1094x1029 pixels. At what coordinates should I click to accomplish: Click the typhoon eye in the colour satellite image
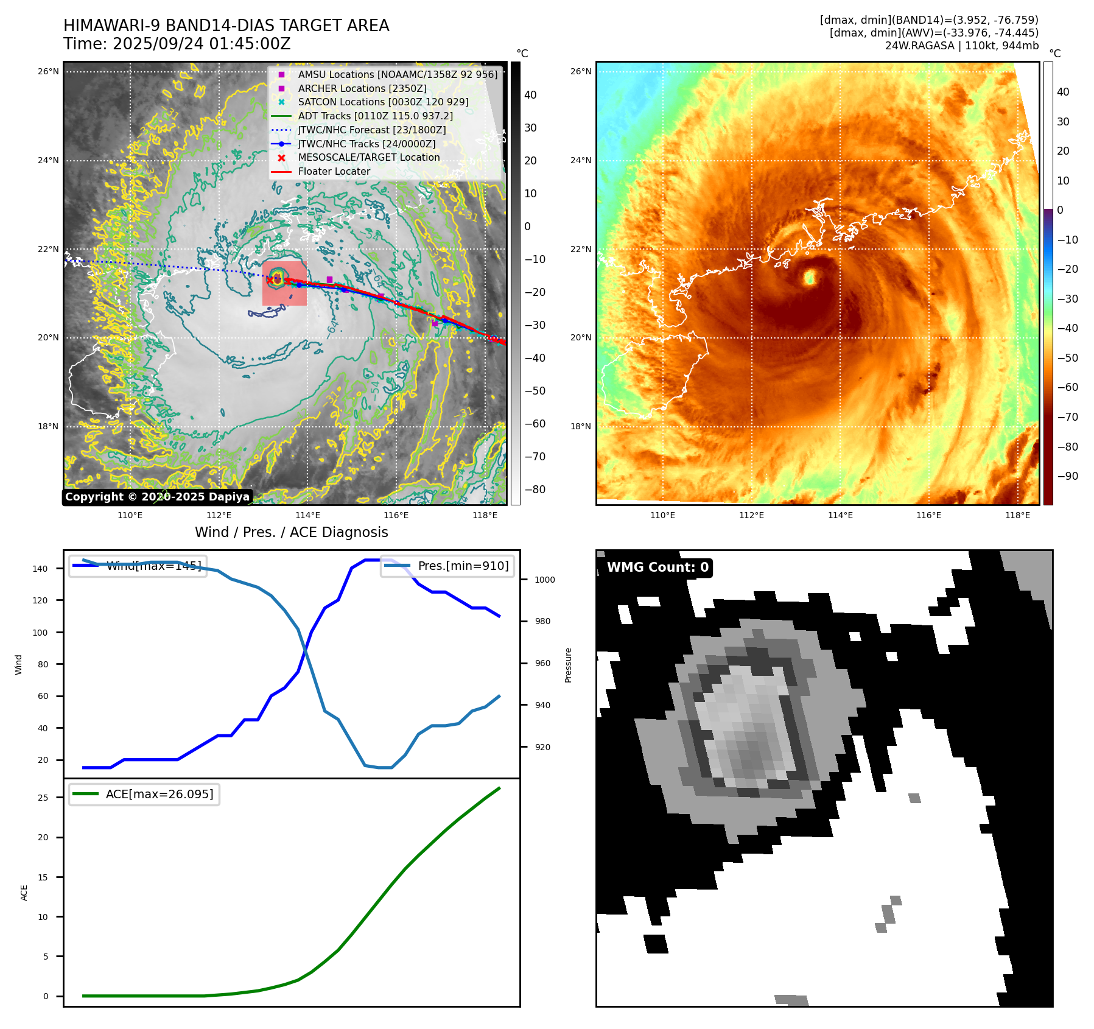coord(810,278)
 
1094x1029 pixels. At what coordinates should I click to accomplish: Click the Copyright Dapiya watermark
coord(157,497)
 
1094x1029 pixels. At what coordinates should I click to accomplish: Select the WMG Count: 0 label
coord(657,567)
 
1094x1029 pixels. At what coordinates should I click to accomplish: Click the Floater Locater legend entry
coord(334,172)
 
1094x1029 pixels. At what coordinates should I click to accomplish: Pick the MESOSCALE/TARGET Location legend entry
coord(368,158)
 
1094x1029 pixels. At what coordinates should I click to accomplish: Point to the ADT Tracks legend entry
coord(375,116)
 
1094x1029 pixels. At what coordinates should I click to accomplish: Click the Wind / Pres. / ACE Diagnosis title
coord(291,532)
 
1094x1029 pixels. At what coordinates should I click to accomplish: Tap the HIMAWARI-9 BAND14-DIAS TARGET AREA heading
coord(226,26)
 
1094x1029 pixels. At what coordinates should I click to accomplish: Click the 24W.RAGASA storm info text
coord(961,46)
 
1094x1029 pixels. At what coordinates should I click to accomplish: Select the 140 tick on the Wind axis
coord(40,569)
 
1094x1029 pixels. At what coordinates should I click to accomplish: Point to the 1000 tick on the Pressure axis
coord(544,580)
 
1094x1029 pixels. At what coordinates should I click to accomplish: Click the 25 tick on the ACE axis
coord(43,798)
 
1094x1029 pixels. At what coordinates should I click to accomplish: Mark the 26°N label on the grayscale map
coord(48,72)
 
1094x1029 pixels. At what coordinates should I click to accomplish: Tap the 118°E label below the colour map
coord(1017,515)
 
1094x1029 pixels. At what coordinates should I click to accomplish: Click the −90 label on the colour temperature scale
coord(1067,476)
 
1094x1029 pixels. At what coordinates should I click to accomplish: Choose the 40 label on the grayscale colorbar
coord(530,95)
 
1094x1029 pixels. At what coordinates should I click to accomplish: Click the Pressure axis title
coord(568,665)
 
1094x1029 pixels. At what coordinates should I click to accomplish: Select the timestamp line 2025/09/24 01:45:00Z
coord(177,44)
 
